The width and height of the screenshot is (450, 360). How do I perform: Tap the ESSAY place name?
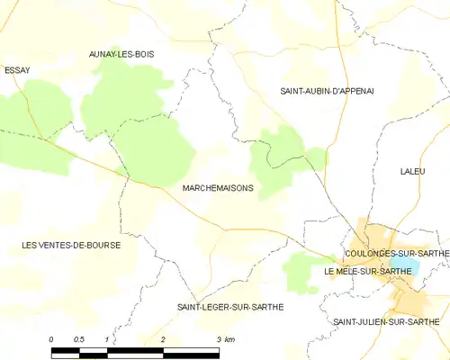pyautogui.click(x=17, y=69)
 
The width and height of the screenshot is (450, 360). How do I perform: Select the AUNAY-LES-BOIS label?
pyautogui.click(x=121, y=54)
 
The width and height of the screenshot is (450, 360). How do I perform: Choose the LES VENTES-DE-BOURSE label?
pyautogui.click(x=71, y=245)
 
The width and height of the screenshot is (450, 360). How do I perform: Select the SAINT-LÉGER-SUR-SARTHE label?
pyautogui.click(x=229, y=307)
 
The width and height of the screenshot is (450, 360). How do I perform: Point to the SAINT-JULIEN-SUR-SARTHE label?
pyautogui.click(x=386, y=321)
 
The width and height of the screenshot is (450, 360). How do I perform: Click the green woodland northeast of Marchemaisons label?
pyautogui.click(x=277, y=157)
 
